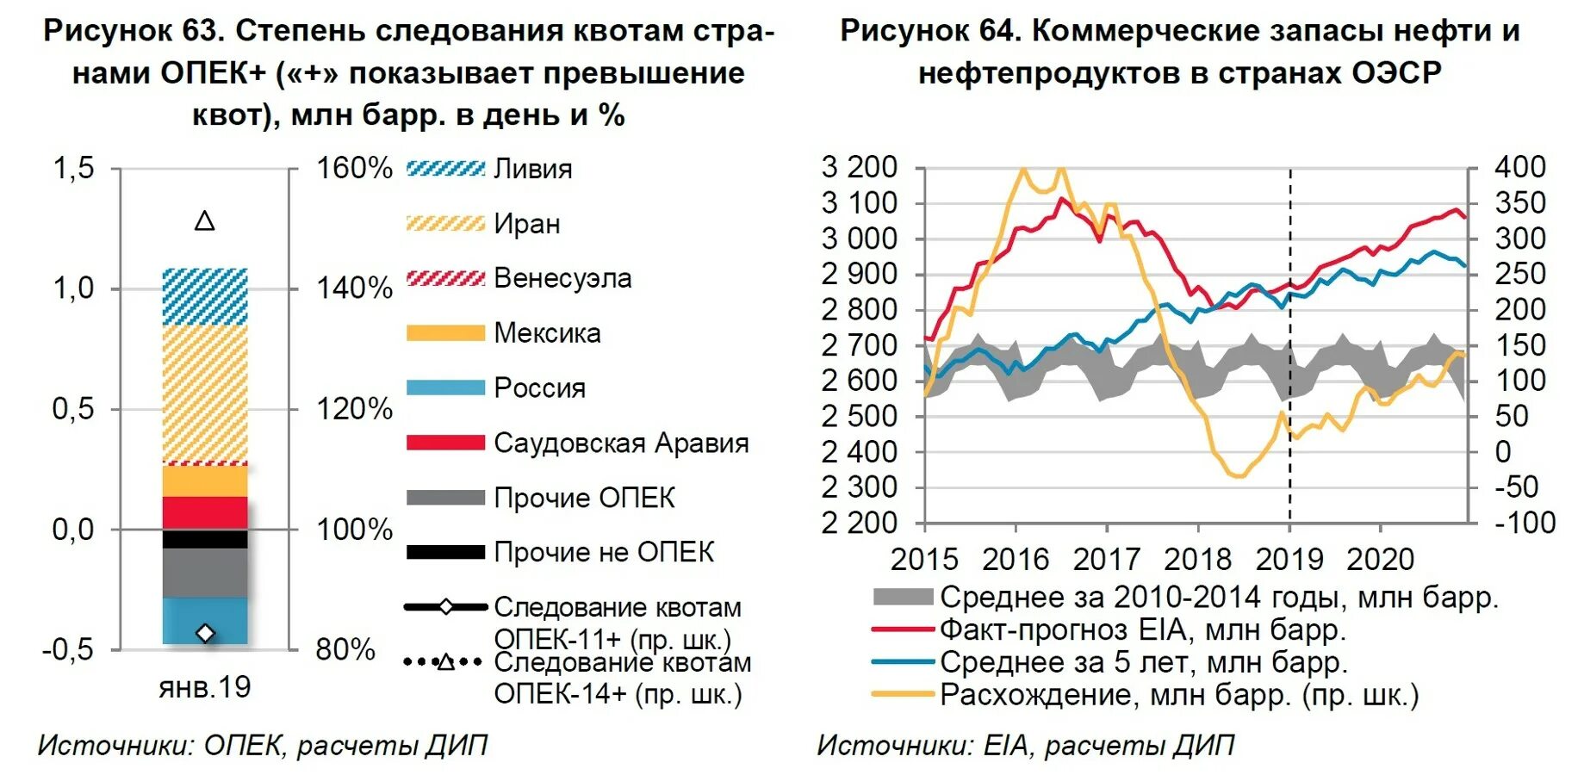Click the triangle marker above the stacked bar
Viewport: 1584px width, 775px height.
point(205,221)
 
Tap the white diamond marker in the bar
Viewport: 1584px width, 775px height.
point(205,633)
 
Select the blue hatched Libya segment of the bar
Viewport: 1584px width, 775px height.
point(205,296)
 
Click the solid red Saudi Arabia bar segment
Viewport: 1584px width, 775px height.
point(205,512)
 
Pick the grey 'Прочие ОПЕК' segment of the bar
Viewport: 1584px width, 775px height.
point(205,573)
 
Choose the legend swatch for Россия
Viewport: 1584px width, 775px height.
point(445,387)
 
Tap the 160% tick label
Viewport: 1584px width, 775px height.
point(354,168)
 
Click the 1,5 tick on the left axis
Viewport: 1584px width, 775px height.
point(73,168)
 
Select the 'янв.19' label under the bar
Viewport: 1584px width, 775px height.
point(205,687)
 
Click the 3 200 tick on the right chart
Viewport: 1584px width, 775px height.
point(860,167)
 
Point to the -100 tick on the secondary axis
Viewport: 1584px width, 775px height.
point(1525,523)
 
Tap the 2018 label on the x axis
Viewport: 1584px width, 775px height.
point(1198,560)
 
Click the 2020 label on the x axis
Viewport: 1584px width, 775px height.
point(1380,560)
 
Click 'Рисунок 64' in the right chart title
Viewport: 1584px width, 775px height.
point(930,31)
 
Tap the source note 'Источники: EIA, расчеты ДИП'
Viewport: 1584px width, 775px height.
point(1025,746)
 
